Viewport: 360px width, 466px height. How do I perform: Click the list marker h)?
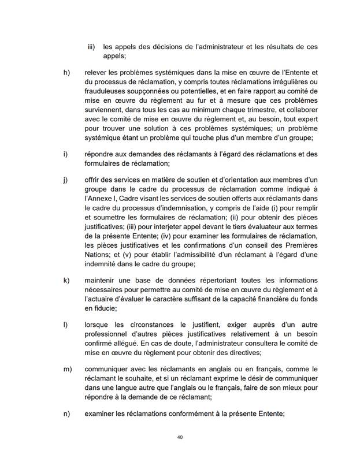(x=66, y=73)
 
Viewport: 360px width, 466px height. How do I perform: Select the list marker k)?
(x=66, y=281)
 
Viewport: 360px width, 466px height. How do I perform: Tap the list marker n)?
(x=66, y=413)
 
